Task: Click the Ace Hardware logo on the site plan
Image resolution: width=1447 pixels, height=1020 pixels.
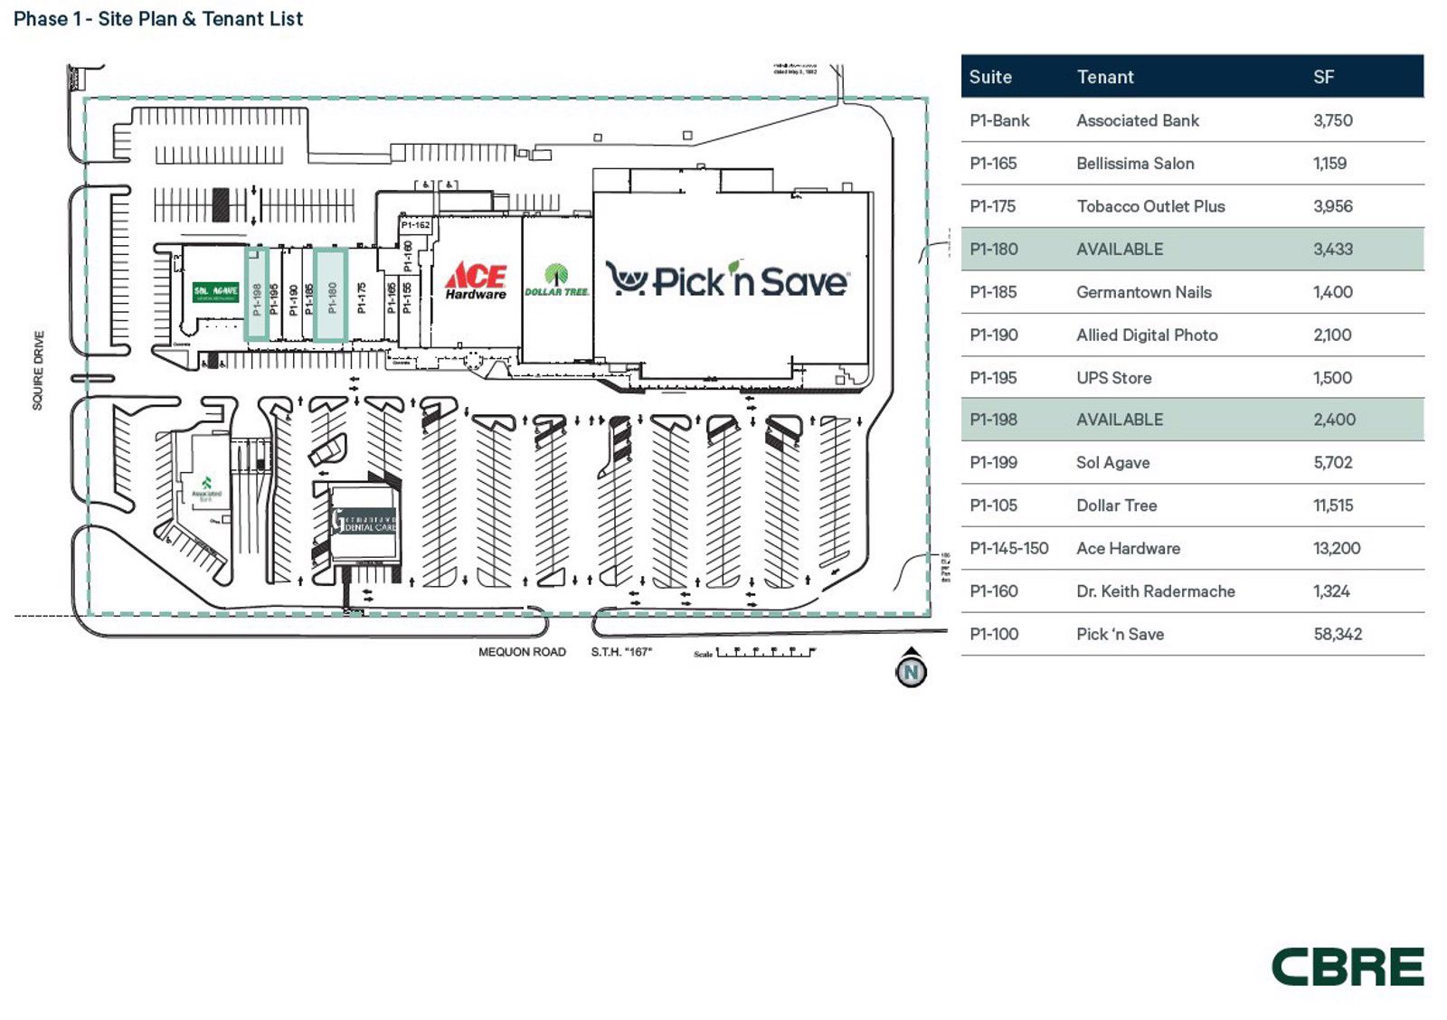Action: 476,280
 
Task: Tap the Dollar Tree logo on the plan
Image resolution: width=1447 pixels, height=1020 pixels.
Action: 556,280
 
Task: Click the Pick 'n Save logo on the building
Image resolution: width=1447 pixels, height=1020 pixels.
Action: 727,279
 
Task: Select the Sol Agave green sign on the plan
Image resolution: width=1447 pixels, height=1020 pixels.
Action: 215,291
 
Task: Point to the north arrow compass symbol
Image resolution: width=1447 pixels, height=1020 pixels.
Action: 911,669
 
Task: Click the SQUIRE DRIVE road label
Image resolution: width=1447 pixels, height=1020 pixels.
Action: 38,370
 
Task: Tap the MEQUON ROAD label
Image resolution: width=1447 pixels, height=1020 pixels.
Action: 522,652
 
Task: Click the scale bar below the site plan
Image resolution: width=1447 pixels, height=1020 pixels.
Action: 765,651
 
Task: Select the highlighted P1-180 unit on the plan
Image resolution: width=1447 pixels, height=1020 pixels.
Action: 331,295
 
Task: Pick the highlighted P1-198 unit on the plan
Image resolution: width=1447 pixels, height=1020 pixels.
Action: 257,296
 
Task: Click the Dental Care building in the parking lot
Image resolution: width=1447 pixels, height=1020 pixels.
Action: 364,523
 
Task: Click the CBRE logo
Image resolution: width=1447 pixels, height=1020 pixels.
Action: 1347,967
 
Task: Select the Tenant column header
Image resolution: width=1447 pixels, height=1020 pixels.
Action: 1104,77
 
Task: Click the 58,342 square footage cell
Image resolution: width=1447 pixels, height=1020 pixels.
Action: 1337,634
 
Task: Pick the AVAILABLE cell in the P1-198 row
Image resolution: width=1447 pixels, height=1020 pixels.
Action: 1120,420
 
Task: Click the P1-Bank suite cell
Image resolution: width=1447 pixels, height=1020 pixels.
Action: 998,120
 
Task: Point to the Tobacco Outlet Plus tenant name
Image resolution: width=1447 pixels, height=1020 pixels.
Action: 1149,206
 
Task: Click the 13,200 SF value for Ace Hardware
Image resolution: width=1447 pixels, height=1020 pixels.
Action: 1336,548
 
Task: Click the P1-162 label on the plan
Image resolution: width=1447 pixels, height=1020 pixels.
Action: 415,225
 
